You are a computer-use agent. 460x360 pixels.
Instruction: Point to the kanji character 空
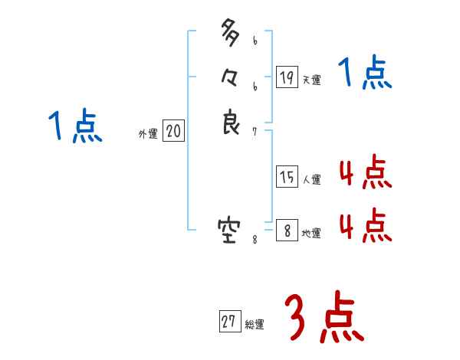[230, 228]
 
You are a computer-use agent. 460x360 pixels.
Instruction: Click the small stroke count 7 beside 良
[255, 132]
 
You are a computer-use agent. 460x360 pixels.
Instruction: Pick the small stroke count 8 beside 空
[255, 239]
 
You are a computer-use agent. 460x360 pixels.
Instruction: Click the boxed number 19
[287, 77]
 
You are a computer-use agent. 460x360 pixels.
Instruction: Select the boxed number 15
[287, 177]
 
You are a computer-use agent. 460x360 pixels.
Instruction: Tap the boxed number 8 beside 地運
[287, 230]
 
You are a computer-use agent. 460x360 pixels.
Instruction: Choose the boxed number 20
[173, 132]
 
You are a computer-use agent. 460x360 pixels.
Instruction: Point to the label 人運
[311, 181]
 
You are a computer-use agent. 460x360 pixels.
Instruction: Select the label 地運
[311, 234]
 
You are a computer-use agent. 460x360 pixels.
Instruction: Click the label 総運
[255, 325]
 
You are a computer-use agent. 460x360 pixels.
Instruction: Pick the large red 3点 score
[324, 319]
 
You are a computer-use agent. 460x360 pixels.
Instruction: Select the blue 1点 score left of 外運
[74, 126]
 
